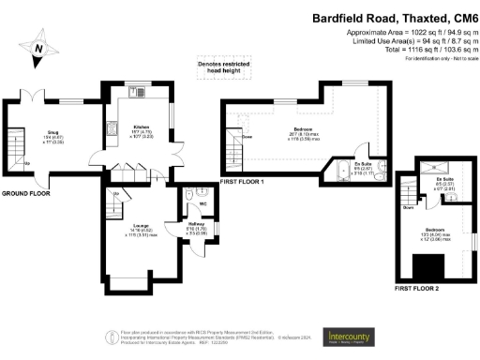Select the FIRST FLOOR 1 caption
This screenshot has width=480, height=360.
(x=242, y=180)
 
